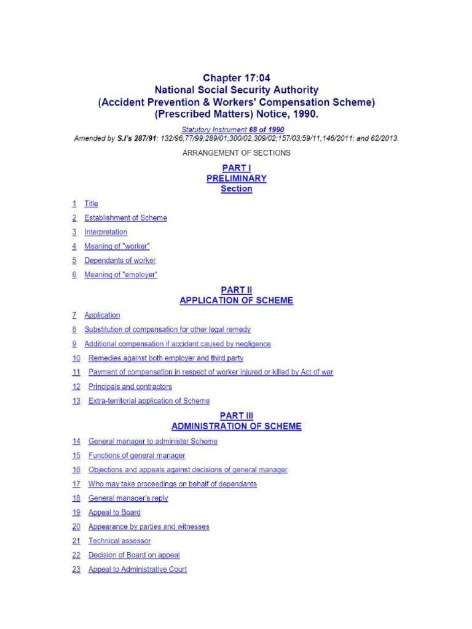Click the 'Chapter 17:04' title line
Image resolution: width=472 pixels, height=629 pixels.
click(236, 77)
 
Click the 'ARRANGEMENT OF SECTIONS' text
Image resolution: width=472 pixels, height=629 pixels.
click(236, 152)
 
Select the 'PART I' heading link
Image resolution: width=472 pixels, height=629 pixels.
click(236, 168)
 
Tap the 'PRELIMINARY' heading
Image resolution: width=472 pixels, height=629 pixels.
click(236, 178)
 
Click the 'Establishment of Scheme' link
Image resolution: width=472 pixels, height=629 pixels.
click(125, 218)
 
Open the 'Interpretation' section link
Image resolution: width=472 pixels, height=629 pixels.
click(106, 232)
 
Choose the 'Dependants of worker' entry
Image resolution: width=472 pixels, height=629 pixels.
click(120, 260)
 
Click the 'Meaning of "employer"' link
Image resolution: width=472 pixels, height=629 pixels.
click(120, 275)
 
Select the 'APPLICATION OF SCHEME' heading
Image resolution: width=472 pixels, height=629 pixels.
click(236, 300)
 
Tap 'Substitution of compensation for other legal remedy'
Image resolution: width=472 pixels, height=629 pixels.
click(167, 329)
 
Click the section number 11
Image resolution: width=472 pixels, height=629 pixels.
click(76, 372)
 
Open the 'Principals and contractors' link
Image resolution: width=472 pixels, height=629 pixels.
click(130, 386)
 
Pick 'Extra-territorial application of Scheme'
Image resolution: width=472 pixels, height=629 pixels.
click(149, 401)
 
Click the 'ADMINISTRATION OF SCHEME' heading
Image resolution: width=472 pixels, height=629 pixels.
click(236, 426)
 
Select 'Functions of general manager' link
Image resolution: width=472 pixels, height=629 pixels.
click(136, 456)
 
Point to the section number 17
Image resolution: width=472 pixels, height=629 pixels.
click(76, 484)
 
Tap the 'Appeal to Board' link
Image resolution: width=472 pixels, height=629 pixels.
click(114, 512)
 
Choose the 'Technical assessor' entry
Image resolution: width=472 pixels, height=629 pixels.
click(119, 541)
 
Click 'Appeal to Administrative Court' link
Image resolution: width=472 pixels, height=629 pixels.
click(138, 569)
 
